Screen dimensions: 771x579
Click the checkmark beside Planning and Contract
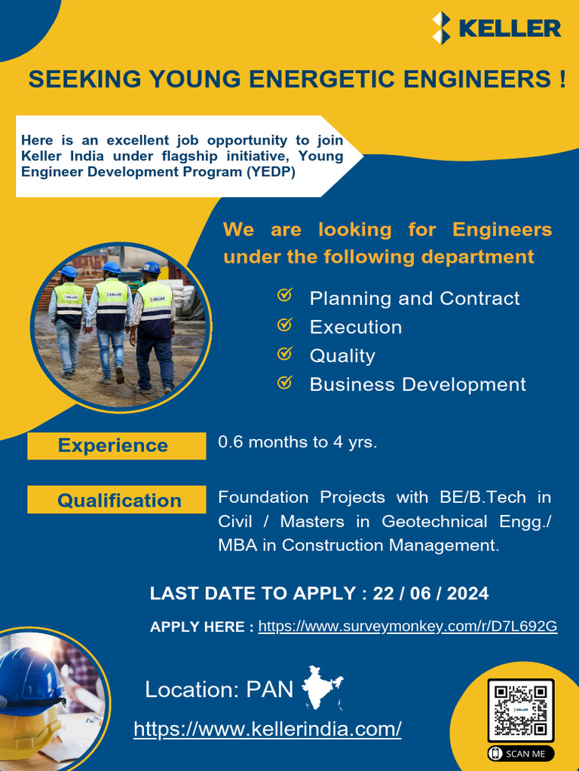285,295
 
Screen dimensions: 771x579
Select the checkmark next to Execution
285,325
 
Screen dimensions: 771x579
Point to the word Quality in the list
342,355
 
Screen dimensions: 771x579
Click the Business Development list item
417,384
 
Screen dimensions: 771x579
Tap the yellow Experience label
116,445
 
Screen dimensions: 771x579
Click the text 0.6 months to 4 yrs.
297,442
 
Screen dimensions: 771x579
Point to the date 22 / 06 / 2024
430,593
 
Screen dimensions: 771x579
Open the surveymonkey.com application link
407,626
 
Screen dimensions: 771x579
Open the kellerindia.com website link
267,729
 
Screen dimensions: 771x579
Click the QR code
520,710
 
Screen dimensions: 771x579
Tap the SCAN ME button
520,753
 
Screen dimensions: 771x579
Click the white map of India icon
322,686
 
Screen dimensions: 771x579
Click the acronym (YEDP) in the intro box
271,172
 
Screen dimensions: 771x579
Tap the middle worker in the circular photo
111,316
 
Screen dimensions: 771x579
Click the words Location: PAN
219,689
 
